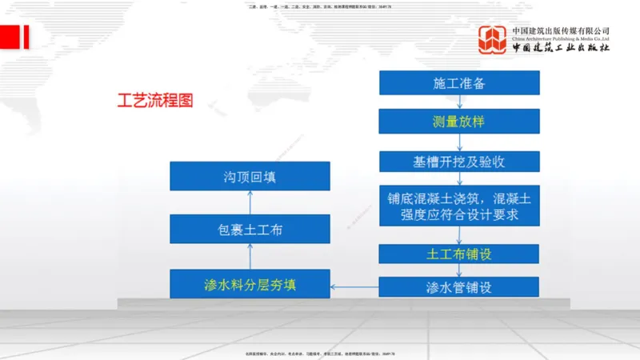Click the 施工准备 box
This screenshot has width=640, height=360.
[x=459, y=82]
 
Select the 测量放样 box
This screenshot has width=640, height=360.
[x=459, y=122]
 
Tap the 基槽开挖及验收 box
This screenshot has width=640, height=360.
[x=459, y=162]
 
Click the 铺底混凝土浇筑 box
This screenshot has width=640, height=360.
[x=459, y=206]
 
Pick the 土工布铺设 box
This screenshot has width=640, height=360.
[x=459, y=254]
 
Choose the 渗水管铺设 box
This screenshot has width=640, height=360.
[x=459, y=287]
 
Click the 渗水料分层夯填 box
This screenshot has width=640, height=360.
[x=250, y=284]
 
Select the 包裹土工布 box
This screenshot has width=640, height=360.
[x=250, y=230]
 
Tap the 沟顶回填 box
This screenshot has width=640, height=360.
[x=250, y=176]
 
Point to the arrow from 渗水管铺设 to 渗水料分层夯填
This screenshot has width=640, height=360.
[x=355, y=286]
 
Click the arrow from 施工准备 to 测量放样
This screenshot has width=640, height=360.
[x=459, y=102]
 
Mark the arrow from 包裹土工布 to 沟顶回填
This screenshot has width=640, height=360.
[x=250, y=202]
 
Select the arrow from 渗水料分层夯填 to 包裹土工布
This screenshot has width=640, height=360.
[x=250, y=257]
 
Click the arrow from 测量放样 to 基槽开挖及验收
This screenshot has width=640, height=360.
[x=459, y=142]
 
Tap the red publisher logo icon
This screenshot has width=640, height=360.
[x=493, y=40]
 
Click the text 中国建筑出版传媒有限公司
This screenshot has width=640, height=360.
[x=561, y=30]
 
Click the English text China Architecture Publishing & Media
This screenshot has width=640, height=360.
[x=561, y=38]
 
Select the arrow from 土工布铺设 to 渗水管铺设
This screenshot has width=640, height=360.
[x=459, y=270]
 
